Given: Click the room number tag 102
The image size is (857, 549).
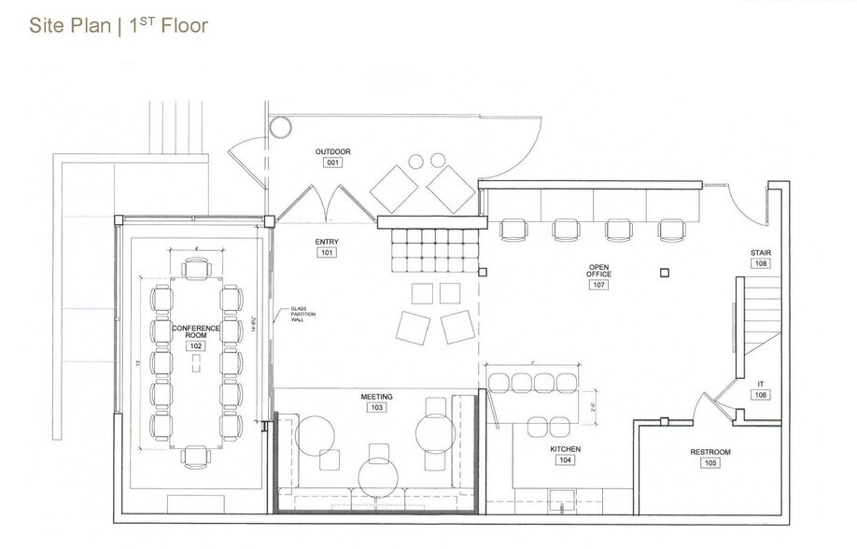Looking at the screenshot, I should pos(195,345).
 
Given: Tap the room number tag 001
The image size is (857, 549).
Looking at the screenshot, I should pos(332,162).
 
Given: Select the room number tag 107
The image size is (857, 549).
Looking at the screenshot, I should pos(598,285).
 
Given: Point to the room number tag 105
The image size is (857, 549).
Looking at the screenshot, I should pos(710,463).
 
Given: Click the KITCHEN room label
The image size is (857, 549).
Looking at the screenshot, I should pos(566,449).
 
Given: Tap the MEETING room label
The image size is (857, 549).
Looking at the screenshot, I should pos(377,397).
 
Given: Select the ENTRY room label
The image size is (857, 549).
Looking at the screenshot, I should pos(327,242).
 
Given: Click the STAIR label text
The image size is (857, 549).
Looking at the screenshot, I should pos(760,253).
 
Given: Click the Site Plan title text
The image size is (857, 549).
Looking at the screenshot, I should pos(118,25).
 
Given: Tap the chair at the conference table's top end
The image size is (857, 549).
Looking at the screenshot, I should pos(196,270).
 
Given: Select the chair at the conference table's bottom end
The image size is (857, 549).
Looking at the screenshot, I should pos(196,456).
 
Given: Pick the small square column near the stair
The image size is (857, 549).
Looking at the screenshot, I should pos(663,273).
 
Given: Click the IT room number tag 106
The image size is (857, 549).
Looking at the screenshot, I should pos(760,395).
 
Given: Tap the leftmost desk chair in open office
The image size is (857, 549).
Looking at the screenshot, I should pos(513,229).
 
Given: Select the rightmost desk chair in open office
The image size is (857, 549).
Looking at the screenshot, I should pos(671,229).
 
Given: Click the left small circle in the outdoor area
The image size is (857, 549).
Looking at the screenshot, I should pos(416,160).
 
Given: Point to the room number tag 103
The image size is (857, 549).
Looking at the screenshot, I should pos(377,408).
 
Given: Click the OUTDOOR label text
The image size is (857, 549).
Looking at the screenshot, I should pos(332,151).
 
